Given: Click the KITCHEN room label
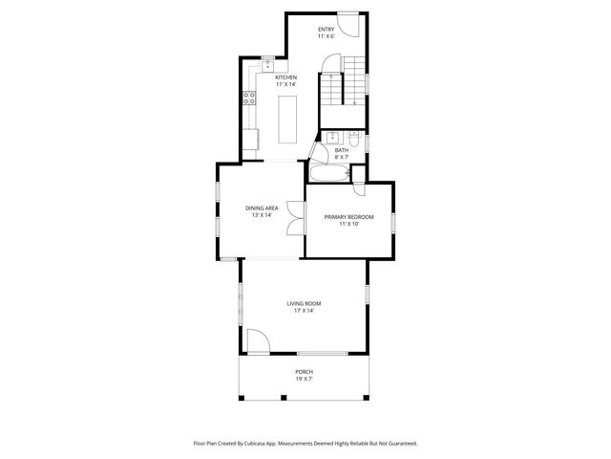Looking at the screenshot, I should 286,77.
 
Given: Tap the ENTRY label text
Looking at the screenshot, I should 327,30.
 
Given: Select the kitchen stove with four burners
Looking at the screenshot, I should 248,96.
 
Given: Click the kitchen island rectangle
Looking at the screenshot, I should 288,118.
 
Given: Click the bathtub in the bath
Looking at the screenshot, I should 328,174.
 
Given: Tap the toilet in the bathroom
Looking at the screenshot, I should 352,136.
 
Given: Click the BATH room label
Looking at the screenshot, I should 341,150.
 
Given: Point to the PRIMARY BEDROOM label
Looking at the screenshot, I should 348,217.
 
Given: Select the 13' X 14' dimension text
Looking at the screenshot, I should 262,215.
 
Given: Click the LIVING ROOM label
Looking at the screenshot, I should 304,303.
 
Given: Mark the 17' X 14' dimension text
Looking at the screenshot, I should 304,311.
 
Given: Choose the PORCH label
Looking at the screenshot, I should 304,371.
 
